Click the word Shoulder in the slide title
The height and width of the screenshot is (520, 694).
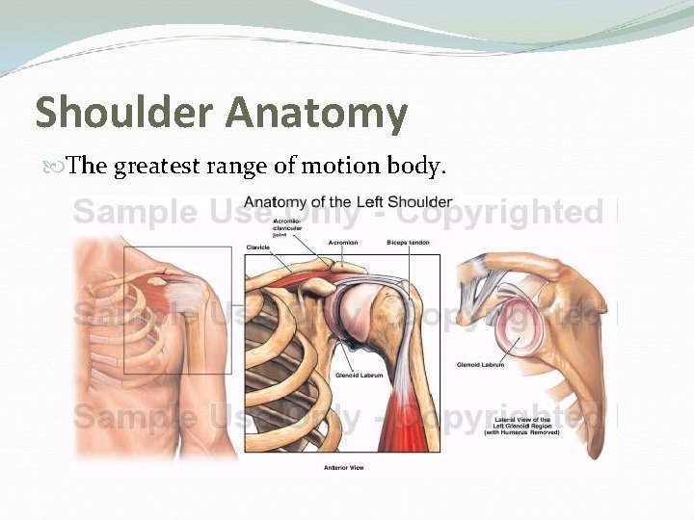click(x=124, y=114)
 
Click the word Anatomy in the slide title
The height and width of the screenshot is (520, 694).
click(x=317, y=114)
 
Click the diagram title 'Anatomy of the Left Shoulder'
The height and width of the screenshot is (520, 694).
click(x=347, y=202)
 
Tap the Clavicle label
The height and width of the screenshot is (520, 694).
click(x=258, y=247)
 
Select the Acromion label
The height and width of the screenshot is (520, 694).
click(x=343, y=243)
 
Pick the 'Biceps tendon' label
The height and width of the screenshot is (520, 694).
click(x=408, y=243)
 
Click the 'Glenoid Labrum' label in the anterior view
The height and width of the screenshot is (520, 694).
click(x=356, y=376)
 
